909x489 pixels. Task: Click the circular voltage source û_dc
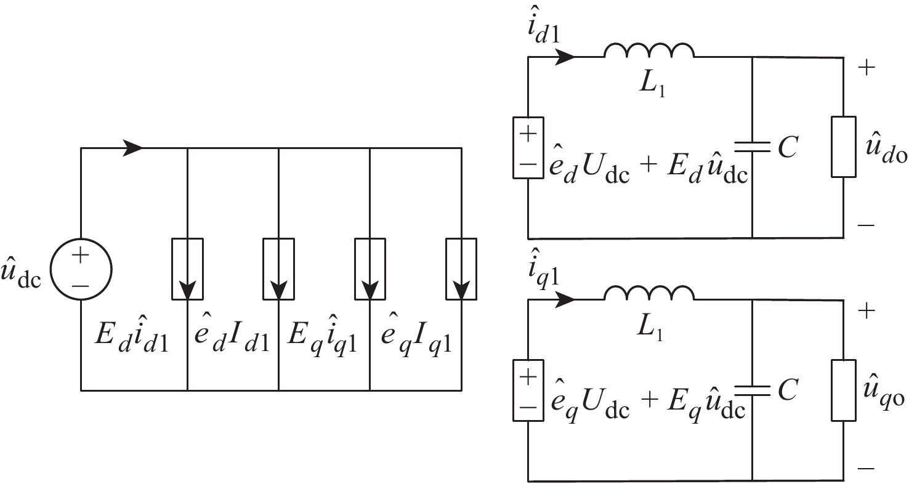pyautogui.click(x=81, y=269)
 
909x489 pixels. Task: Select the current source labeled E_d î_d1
pyautogui.click(x=187, y=269)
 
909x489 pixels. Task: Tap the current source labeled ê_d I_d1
pyautogui.click(x=279, y=269)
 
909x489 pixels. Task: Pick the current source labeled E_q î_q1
pyautogui.click(x=370, y=269)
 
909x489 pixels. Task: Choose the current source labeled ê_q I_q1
pyautogui.click(x=461, y=269)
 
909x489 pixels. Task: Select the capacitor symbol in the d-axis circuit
pyautogui.click(x=752, y=146)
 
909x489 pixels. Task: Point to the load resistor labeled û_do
pyautogui.click(x=844, y=147)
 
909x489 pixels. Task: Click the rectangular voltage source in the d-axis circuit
pyautogui.click(x=528, y=147)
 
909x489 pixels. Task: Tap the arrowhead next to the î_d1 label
pyautogui.click(x=565, y=57)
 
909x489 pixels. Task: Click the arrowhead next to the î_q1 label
pyautogui.click(x=565, y=299)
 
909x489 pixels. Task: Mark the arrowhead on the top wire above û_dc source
pyautogui.click(x=134, y=148)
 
